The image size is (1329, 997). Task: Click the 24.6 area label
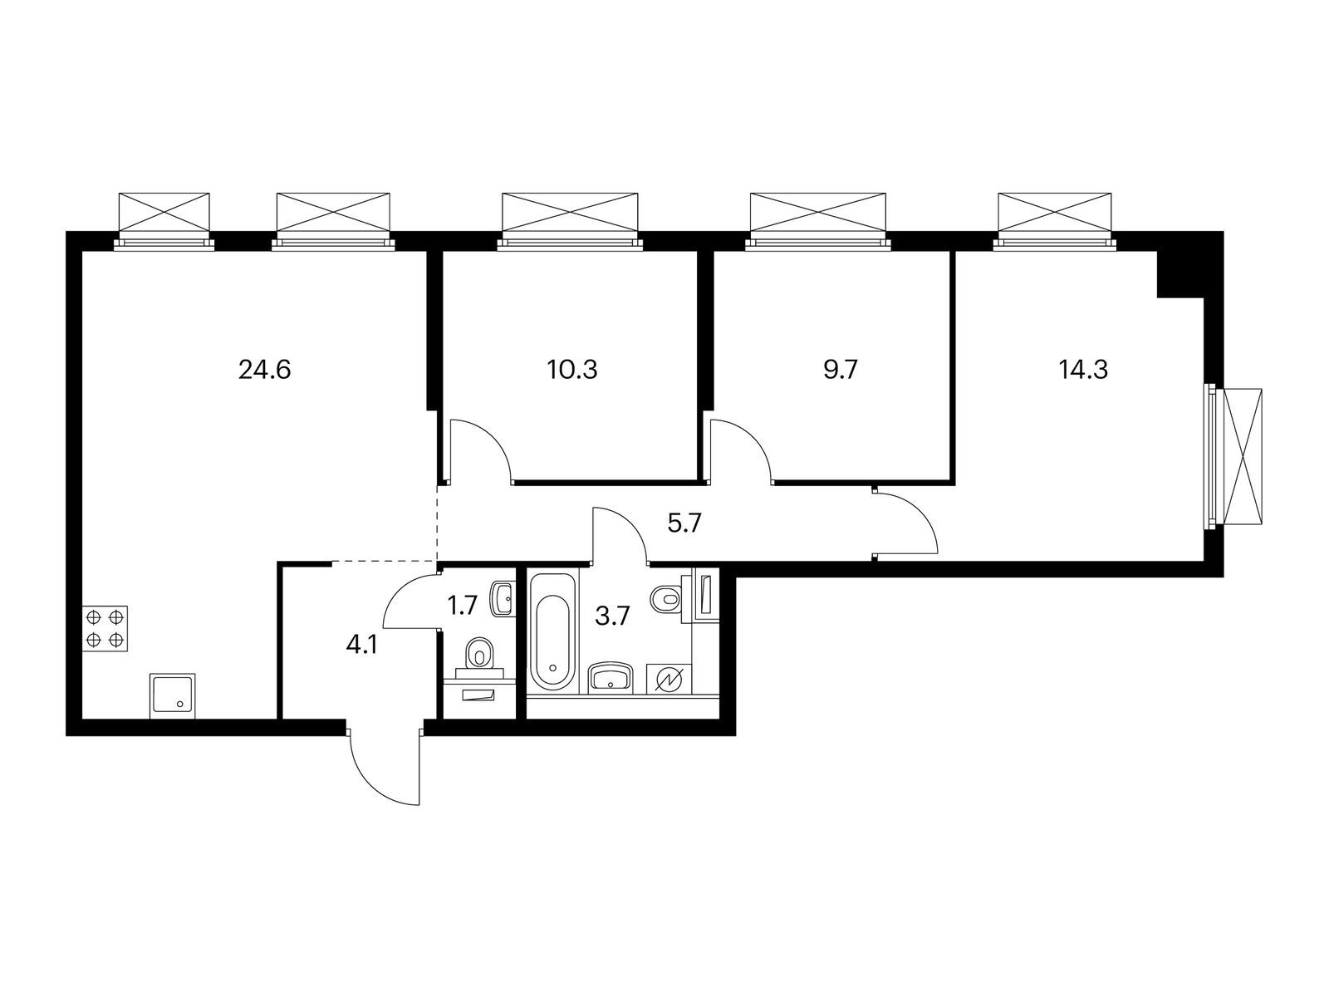264,370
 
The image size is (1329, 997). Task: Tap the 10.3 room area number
571,370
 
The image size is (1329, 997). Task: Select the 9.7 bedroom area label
840,370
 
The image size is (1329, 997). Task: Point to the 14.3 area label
1083,370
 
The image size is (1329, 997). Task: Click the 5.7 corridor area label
685,523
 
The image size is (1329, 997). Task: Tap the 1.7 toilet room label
463,606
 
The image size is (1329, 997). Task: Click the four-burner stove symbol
105,628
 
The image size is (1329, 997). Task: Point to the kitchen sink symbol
174,695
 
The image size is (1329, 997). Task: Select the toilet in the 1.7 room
478,654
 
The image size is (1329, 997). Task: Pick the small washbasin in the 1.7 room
502,599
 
